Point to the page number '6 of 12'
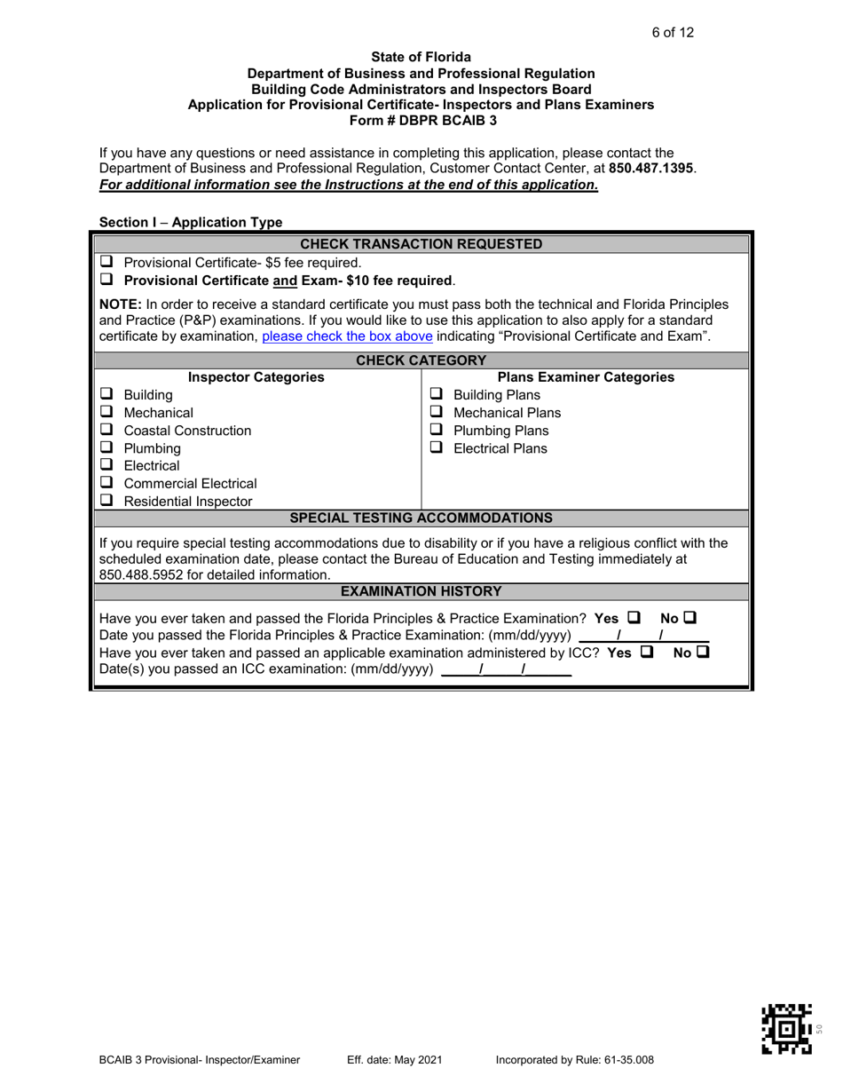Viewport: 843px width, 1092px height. pyautogui.click(x=673, y=33)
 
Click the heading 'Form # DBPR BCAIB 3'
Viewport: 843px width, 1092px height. pyautogui.click(x=421, y=119)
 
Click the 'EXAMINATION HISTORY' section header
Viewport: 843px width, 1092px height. pyautogui.click(x=421, y=591)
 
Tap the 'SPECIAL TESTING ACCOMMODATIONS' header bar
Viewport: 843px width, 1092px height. pyautogui.click(x=421, y=518)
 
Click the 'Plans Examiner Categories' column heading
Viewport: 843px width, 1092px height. pyautogui.click(x=587, y=377)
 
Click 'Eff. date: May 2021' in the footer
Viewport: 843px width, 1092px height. pyautogui.click(x=395, y=1059)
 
